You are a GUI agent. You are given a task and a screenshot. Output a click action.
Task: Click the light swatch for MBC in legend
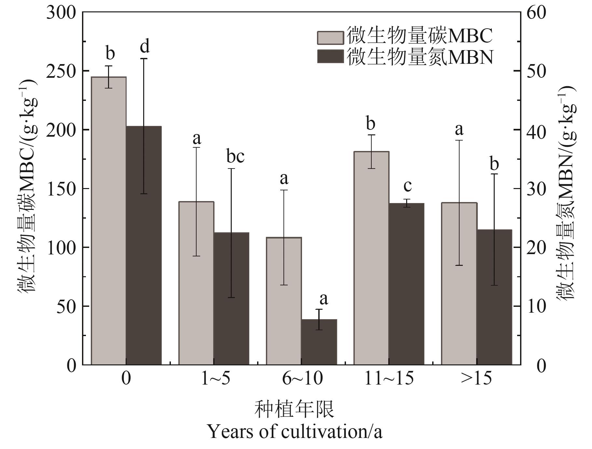pos(330,38)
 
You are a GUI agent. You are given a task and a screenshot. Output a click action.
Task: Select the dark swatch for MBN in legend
pos(330,56)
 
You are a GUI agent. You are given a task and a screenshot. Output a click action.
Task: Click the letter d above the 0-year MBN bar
pos(145,46)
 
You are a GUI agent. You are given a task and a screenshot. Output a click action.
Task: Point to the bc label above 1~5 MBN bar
pos(235,156)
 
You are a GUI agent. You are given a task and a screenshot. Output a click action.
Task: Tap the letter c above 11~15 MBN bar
pos(407,186)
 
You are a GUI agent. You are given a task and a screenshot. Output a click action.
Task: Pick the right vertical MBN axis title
pos(566,192)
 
